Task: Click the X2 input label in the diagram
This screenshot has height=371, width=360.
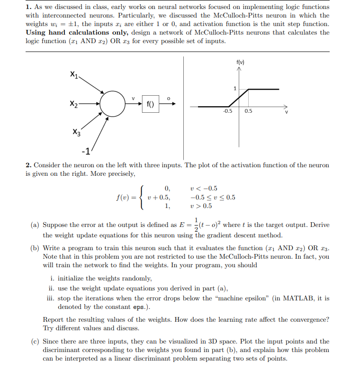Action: pos(73,103)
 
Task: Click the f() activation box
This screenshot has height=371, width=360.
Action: pos(150,104)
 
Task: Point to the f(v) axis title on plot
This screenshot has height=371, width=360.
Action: pos(240,62)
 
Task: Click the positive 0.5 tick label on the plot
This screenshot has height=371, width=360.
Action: pos(249,111)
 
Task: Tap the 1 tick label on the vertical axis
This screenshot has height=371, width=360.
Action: pos(234,89)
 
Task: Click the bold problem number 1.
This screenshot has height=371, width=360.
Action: pos(28,7)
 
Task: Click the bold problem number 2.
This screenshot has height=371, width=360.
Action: pos(28,165)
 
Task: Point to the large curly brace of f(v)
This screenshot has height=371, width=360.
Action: pos(142,197)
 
